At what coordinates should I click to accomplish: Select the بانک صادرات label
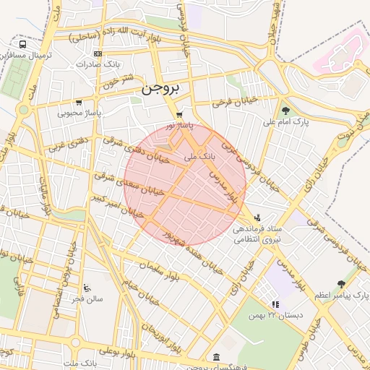[102, 64]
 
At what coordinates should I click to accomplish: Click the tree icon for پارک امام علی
[286, 111]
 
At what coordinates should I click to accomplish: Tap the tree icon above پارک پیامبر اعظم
[341, 285]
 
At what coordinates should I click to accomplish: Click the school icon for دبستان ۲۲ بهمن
[275, 305]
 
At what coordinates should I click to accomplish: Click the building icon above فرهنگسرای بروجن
[217, 357]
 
